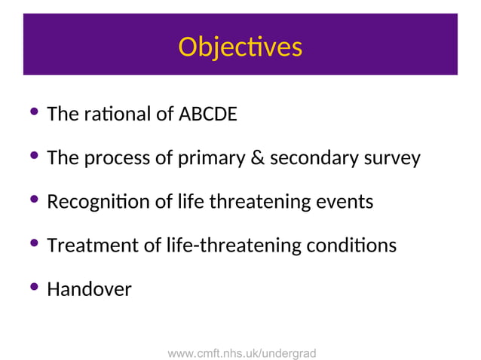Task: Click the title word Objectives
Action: click(240, 47)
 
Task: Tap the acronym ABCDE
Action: click(207, 115)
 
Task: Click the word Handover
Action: click(89, 289)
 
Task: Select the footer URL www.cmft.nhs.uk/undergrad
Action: click(241, 352)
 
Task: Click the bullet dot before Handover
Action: click(34, 288)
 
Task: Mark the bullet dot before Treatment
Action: click(34, 244)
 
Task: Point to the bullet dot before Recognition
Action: click(34, 200)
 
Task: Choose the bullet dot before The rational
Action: click(34, 114)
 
